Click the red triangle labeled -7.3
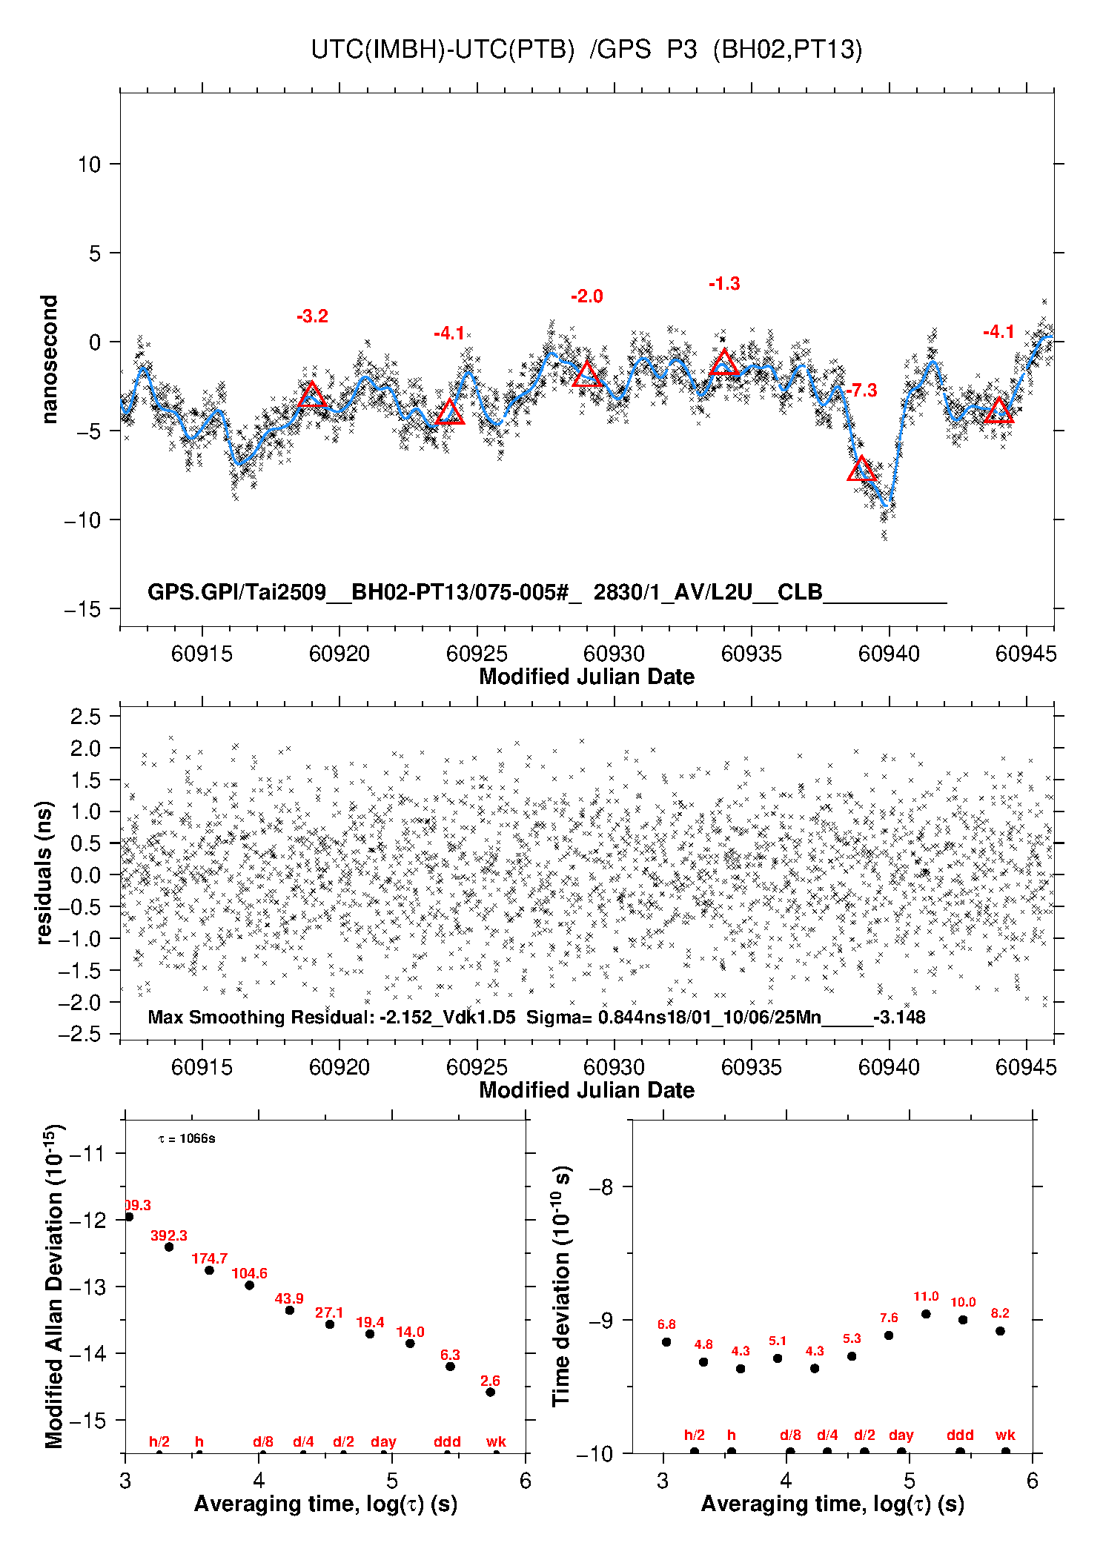pyautogui.click(x=861, y=469)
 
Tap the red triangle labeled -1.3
pyautogui.click(x=724, y=362)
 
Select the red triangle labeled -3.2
pyautogui.click(x=312, y=395)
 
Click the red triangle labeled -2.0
pyautogui.click(x=586, y=374)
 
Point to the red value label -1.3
pyautogui.click(x=724, y=284)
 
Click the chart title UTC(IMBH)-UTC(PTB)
pyautogui.click(x=443, y=50)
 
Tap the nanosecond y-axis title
pyautogui.click(x=49, y=359)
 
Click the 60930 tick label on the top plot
pyautogui.click(x=614, y=654)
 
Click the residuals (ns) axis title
pyautogui.click(x=44, y=872)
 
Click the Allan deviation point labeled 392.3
pyautogui.click(x=169, y=1247)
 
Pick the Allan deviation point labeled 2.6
pyautogui.click(x=490, y=1392)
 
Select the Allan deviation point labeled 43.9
pyautogui.click(x=290, y=1310)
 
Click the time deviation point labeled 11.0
pyautogui.click(x=926, y=1314)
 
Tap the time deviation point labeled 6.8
pyautogui.click(x=666, y=1342)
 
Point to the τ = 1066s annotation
pyautogui.click(x=187, y=1138)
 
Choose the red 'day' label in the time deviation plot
pyautogui.click(x=901, y=1435)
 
